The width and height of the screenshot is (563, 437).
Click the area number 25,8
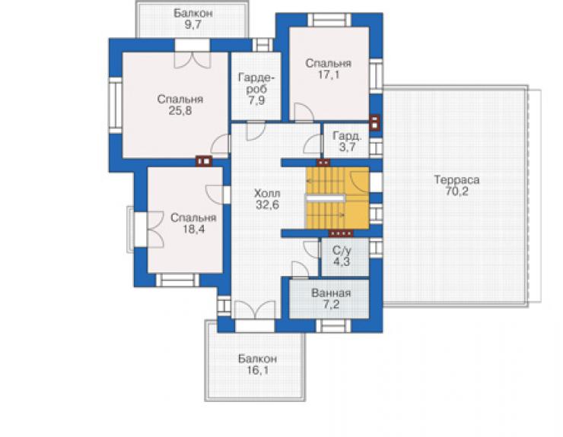tap(180, 110)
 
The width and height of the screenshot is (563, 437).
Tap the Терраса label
tap(456, 179)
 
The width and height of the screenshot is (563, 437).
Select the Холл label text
tap(267, 194)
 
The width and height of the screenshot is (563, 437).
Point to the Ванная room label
tap(331, 293)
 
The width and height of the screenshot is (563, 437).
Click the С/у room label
tap(341, 250)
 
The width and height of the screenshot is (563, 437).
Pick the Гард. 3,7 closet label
tap(347, 141)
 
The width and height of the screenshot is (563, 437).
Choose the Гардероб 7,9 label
tap(256, 89)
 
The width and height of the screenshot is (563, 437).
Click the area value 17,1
tap(328, 74)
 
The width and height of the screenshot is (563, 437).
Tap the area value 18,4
tap(193, 229)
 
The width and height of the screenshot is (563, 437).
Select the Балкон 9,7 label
tap(192, 19)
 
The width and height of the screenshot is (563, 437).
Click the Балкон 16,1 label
tap(257, 364)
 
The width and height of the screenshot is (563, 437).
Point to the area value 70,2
tap(456, 192)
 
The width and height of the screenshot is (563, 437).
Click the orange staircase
tap(337, 198)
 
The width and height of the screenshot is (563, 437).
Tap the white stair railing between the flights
tap(326, 198)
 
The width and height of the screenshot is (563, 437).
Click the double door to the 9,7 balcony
tap(192, 60)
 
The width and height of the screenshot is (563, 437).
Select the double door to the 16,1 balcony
tap(255, 309)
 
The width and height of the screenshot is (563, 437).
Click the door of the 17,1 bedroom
tap(304, 112)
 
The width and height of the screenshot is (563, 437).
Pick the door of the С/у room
tap(312, 249)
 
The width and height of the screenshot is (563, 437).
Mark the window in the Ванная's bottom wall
tap(333, 326)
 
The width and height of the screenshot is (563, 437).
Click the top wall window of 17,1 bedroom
tap(329, 20)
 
